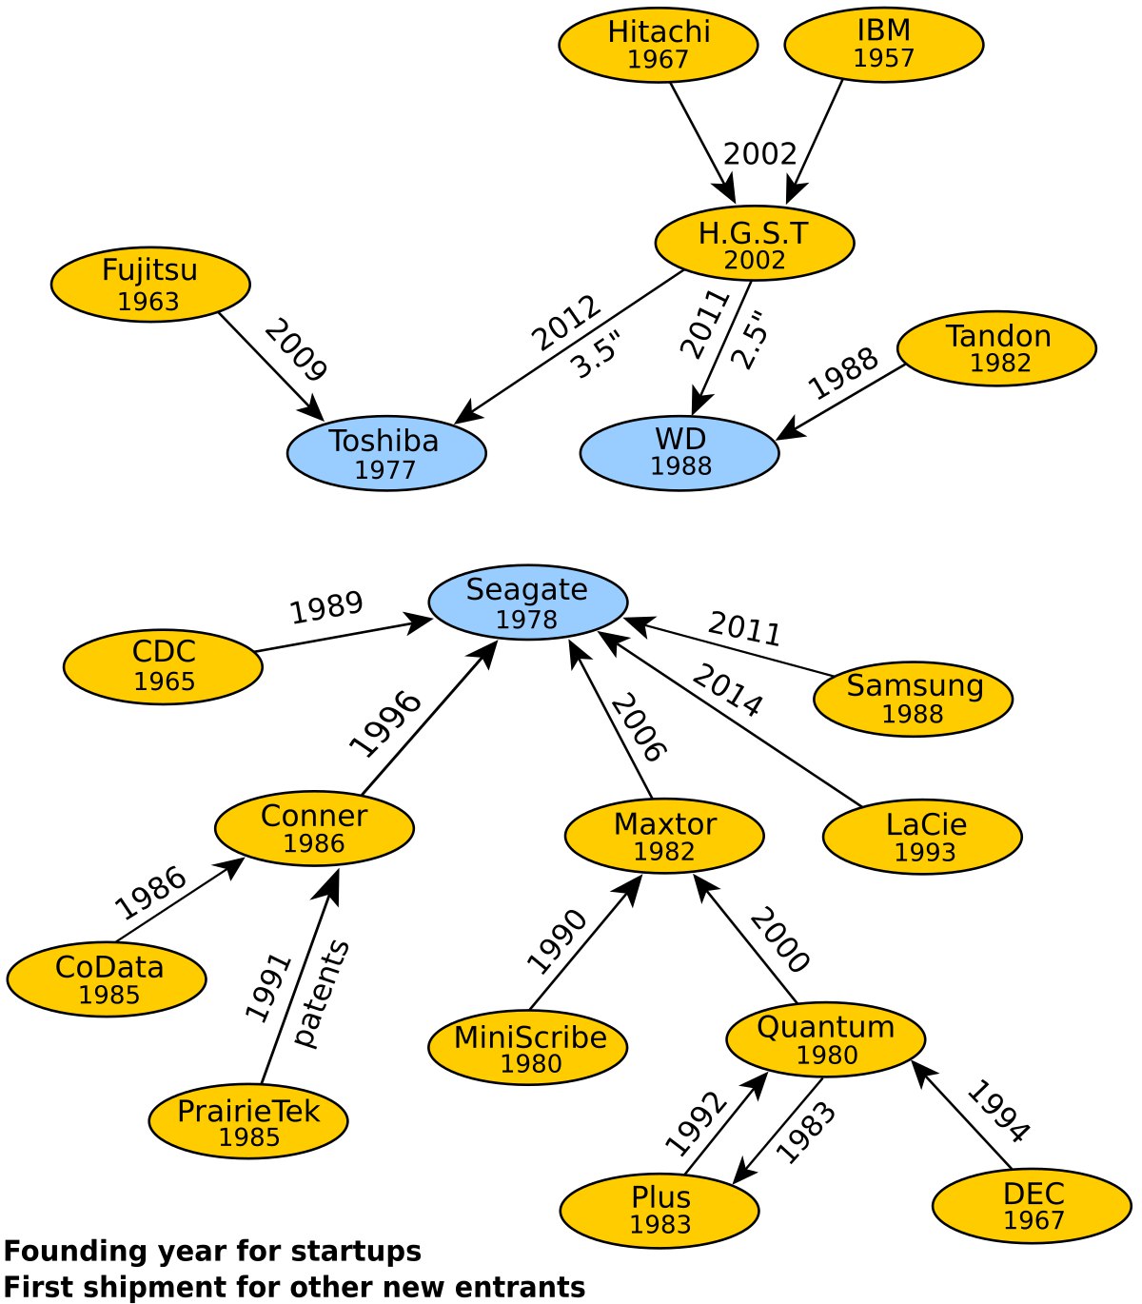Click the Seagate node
pos(528,602)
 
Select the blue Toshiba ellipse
pos(386,453)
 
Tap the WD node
pos(679,453)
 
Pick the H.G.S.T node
pos(755,244)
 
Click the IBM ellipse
pos(884,44)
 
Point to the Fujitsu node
pos(150,284)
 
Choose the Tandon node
pos(996,348)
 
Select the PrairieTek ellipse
pos(248,1121)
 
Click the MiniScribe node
pos(528,1048)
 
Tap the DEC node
pos(1032,1205)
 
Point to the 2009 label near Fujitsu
pos(295,350)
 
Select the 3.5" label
pos(596,355)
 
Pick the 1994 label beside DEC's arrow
pos(997,1111)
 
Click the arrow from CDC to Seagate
pos(343,637)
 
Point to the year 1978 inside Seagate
pos(526,620)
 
